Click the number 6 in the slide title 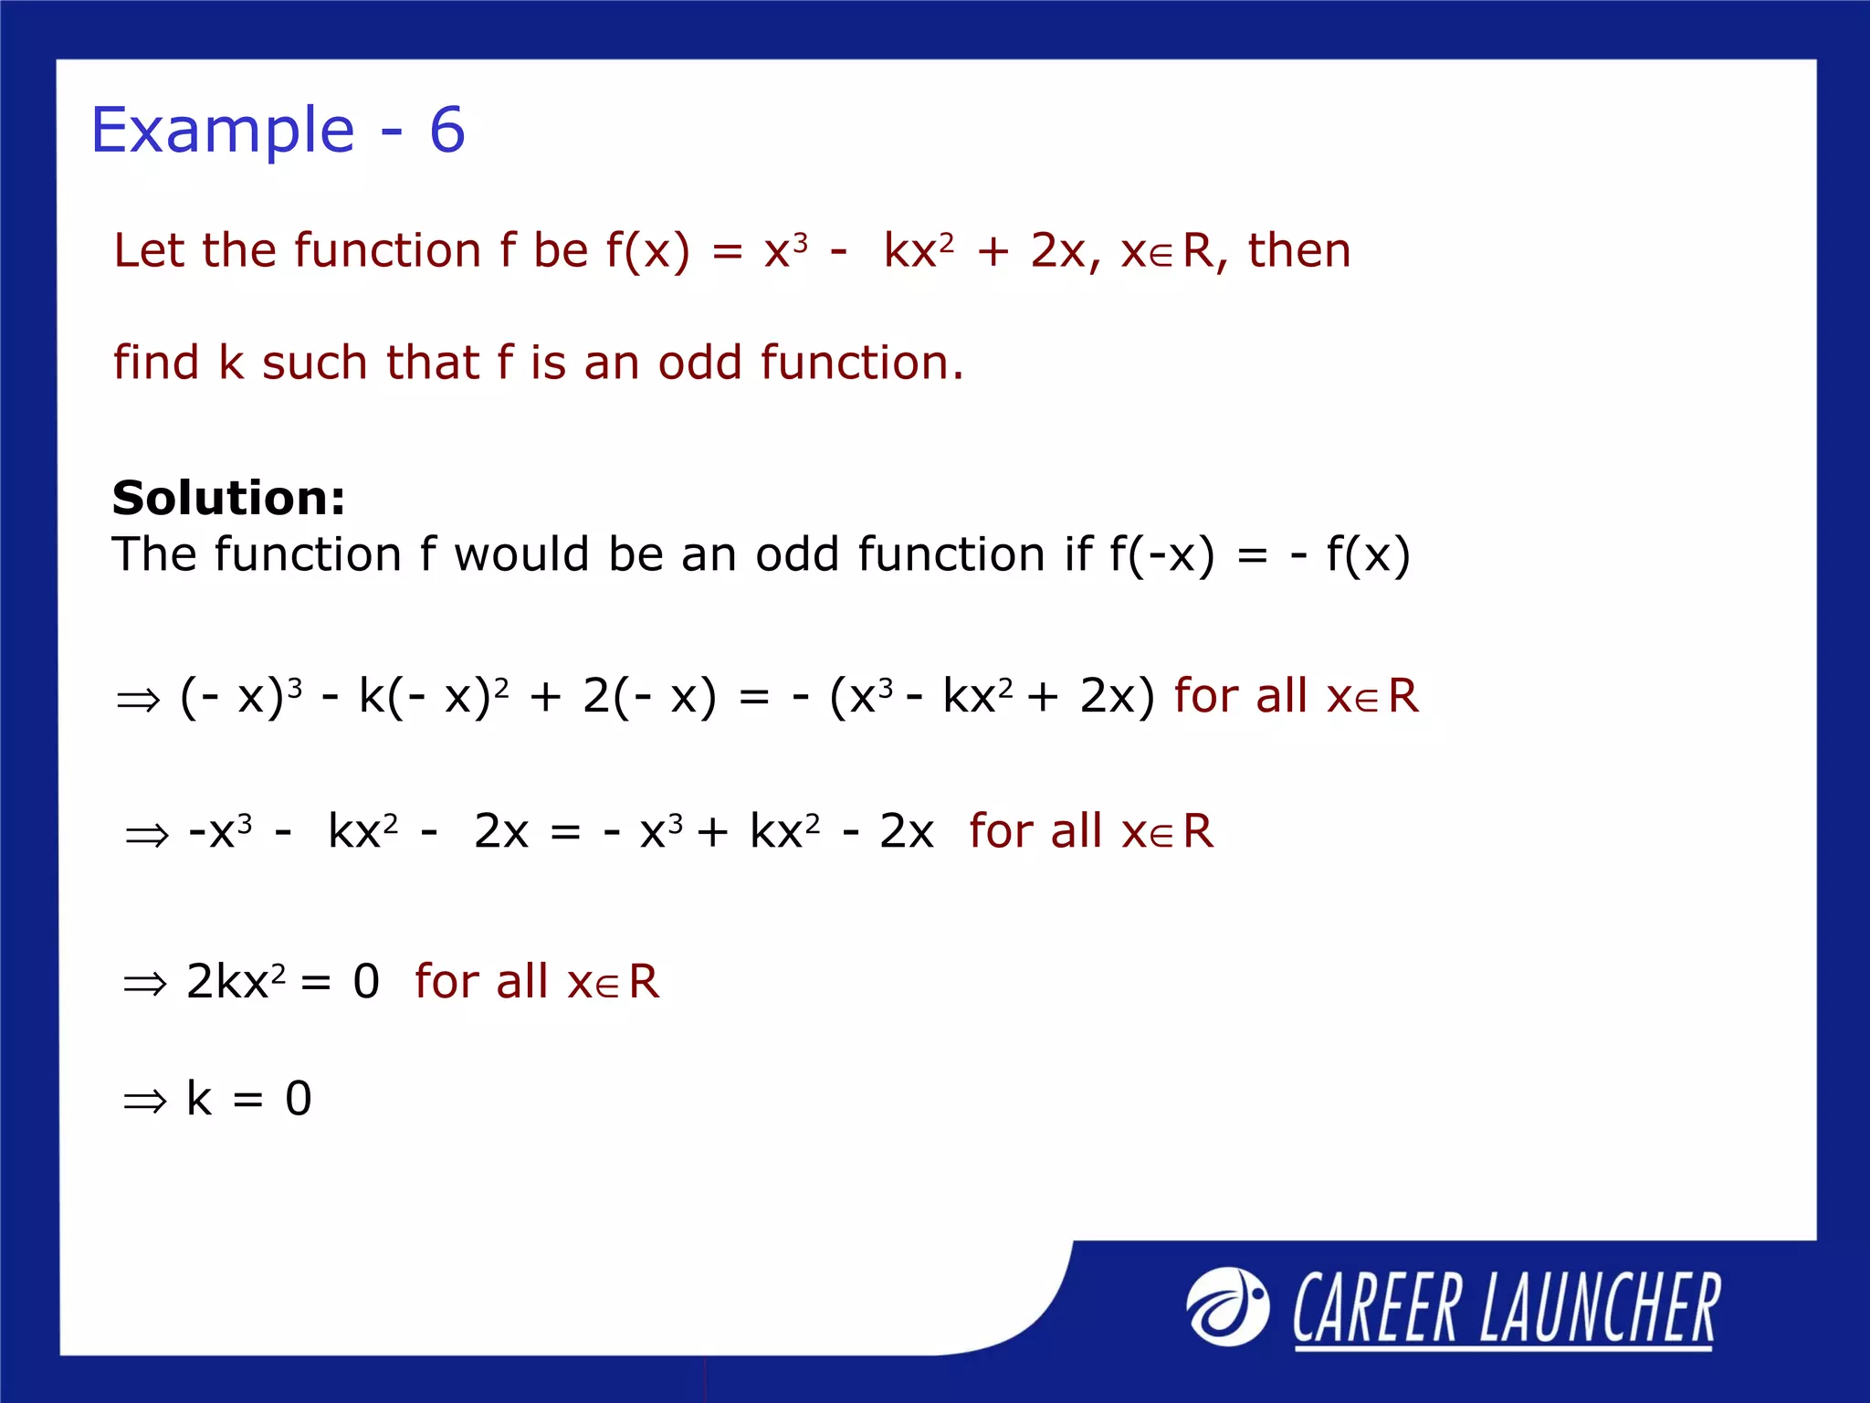(447, 131)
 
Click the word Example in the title (223, 131)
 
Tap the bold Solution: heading (228, 498)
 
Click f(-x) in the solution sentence (1162, 554)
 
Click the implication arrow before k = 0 (145, 1102)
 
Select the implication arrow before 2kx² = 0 (145, 985)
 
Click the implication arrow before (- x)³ (139, 701)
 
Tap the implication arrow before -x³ (147, 835)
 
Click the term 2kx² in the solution (236, 982)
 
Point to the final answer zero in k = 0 (299, 1099)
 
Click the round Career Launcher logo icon (1227, 1307)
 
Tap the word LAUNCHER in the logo (1600, 1309)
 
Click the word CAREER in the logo (1377, 1309)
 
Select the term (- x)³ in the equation (241, 696)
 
